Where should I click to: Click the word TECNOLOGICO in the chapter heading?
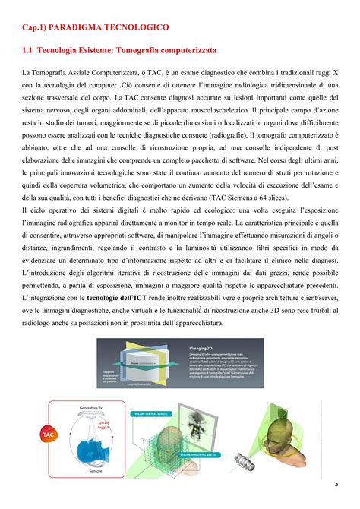pyautogui.click(x=136, y=27)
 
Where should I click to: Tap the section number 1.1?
pyautogui.click(x=28, y=49)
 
